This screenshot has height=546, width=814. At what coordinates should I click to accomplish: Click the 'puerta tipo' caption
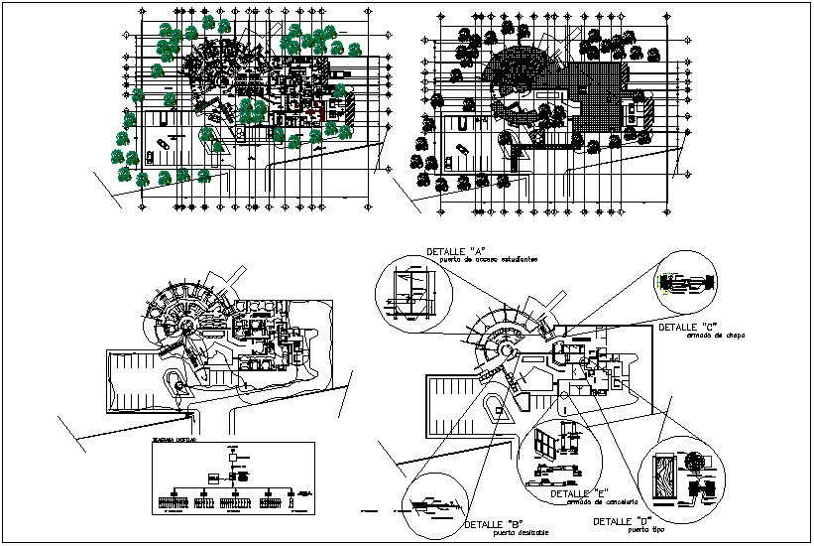[645, 530]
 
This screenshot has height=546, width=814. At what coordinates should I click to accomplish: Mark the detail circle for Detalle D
[683, 481]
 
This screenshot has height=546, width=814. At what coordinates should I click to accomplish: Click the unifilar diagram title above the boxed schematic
[174, 438]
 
